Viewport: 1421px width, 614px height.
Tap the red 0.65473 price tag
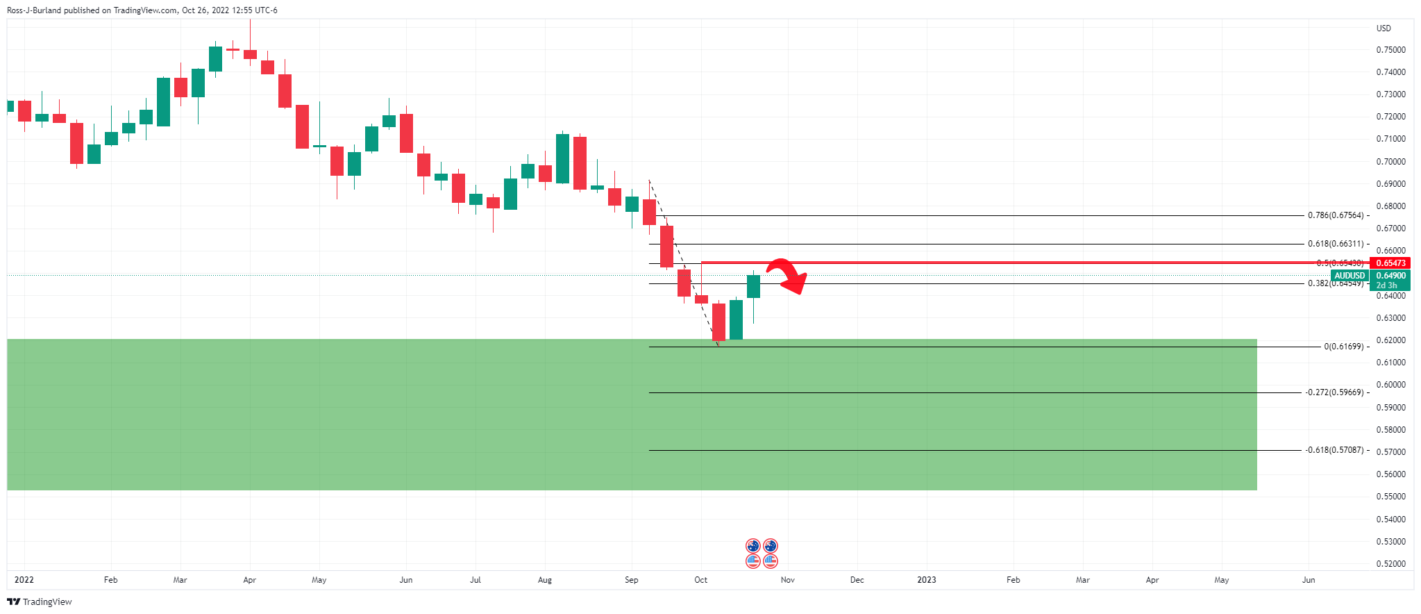pos(1390,263)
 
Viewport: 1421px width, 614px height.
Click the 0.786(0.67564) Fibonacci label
pos(1335,215)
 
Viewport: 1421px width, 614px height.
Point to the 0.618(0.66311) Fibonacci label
pos(1335,244)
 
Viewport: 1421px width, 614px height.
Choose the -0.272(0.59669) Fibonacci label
pos(1334,392)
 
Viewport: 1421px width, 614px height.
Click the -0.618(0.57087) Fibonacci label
pos(1334,450)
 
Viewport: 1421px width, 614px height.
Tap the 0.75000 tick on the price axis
pos(1390,50)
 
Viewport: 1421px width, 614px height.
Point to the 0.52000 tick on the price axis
pos(1390,564)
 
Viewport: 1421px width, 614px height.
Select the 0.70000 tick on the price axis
pos(1390,162)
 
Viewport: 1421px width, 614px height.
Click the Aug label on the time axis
pos(545,580)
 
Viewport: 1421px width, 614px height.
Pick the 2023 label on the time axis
pos(927,580)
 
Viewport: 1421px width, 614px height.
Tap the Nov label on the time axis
pos(788,580)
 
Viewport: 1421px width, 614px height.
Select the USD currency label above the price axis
pos(1384,28)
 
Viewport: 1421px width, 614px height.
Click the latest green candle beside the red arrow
pos(753,286)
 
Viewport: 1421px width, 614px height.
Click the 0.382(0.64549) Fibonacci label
pos(1335,283)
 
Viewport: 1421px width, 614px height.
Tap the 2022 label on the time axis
pos(24,580)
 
